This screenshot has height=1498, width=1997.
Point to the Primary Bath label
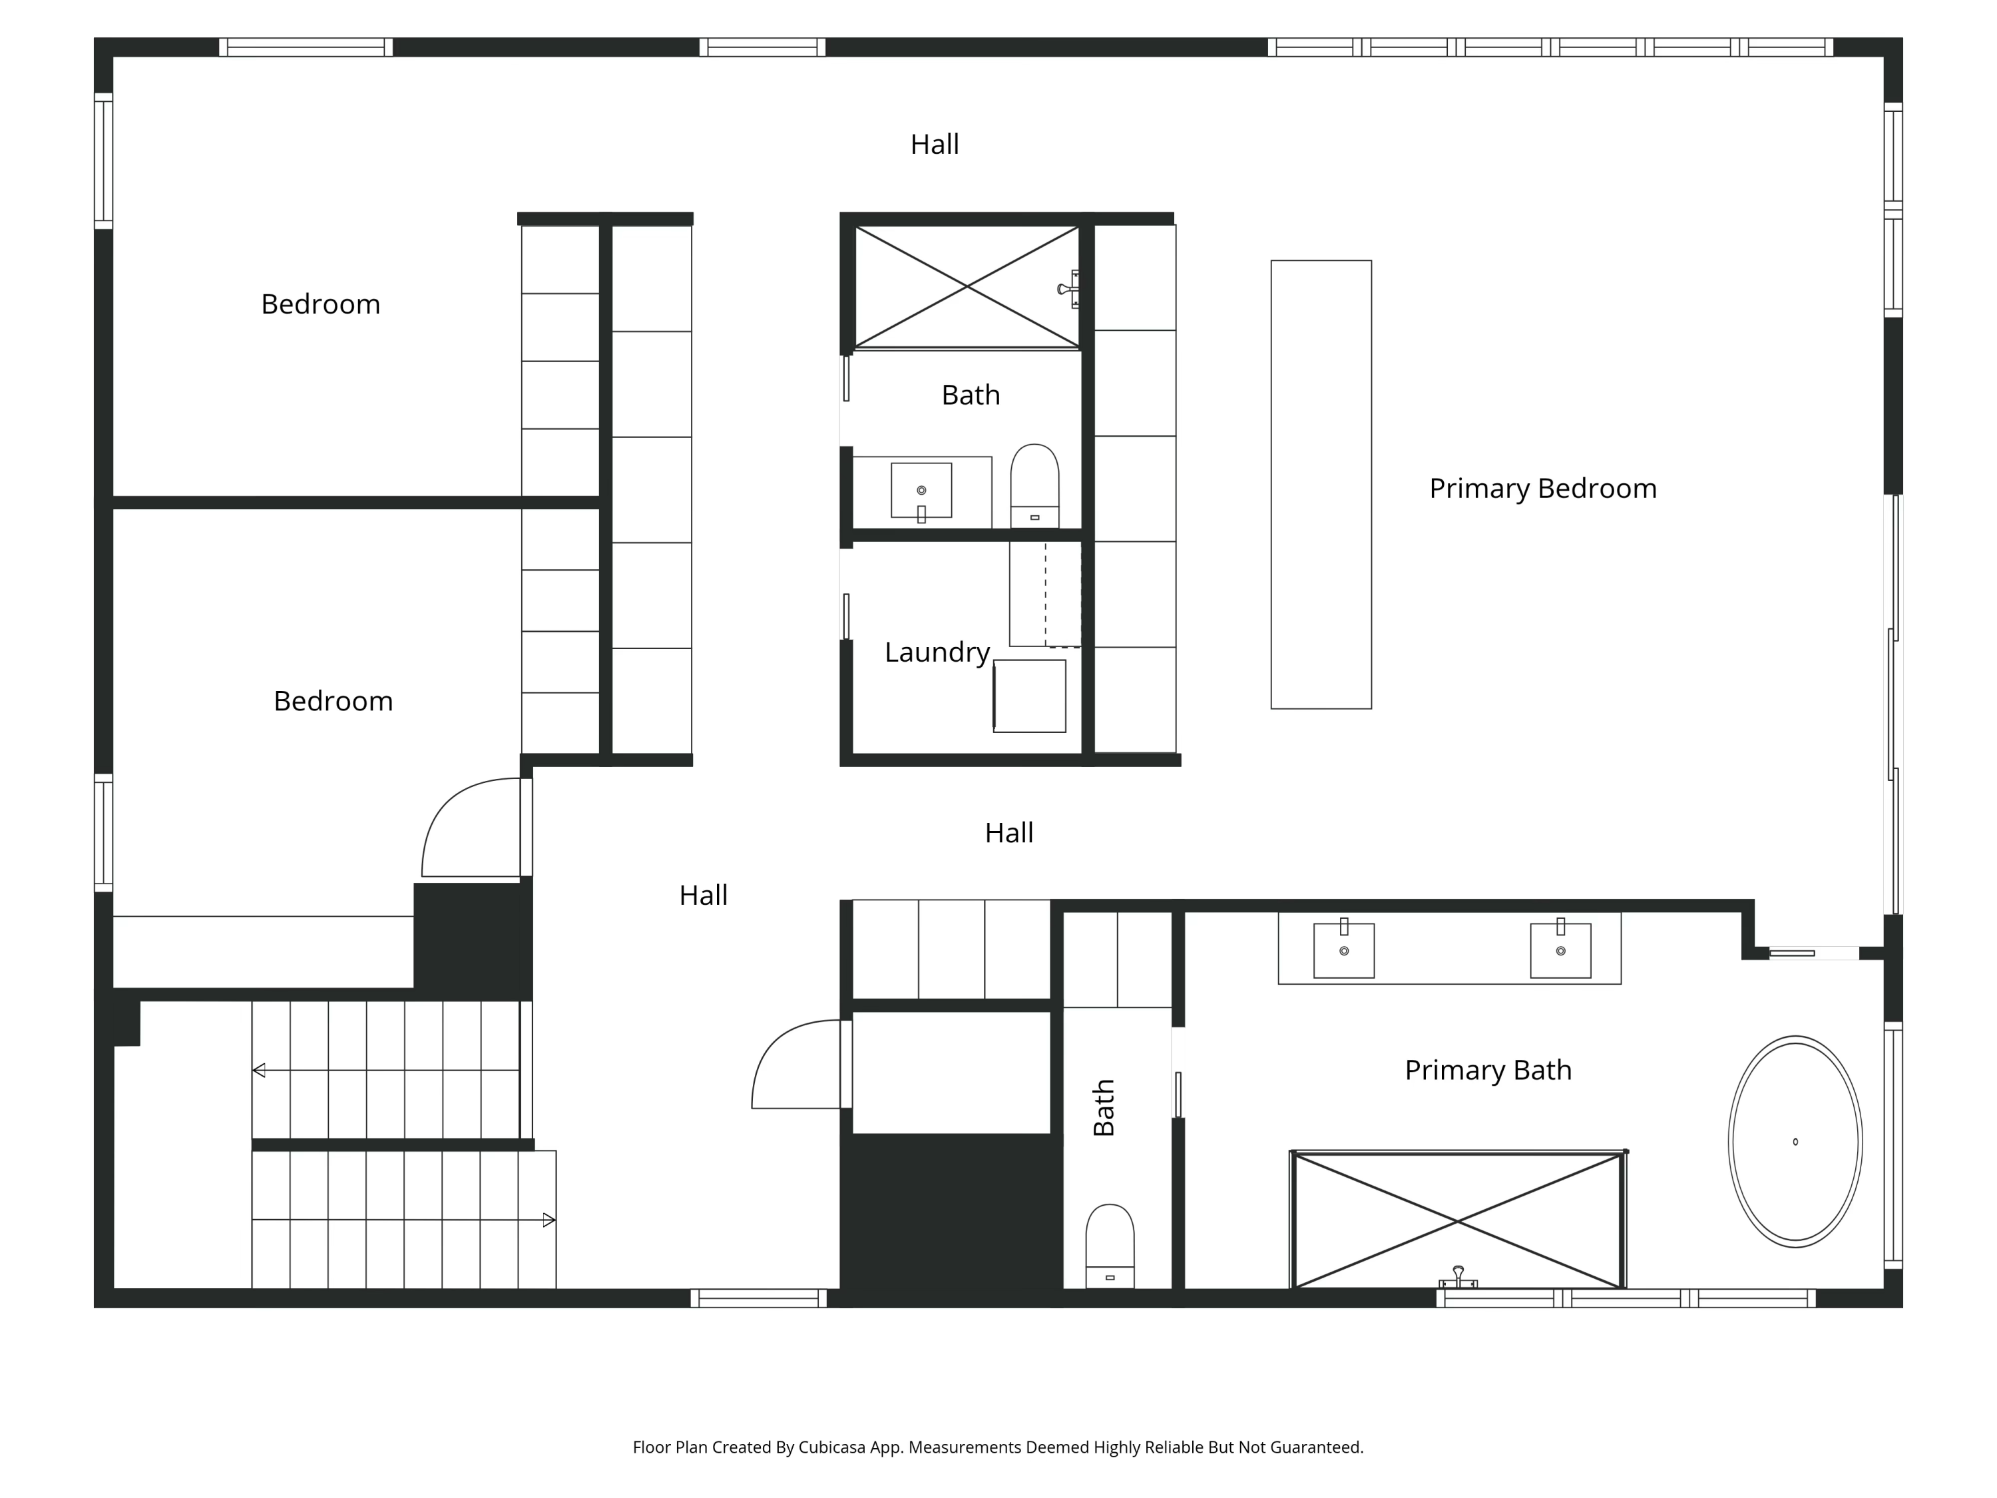click(1488, 1070)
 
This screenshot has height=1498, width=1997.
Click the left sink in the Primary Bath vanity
click(1343, 950)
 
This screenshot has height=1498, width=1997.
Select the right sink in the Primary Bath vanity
click(1560, 950)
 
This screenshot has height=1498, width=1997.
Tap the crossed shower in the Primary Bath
click(1458, 1221)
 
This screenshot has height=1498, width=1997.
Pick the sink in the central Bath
click(921, 490)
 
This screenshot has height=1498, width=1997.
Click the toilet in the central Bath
click(1034, 483)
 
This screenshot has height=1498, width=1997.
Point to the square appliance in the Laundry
click(1029, 696)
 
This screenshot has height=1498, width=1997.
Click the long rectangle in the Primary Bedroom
click(1321, 485)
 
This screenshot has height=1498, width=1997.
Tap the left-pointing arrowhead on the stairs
click(259, 1070)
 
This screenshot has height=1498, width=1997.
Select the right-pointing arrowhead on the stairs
click(548, 1220)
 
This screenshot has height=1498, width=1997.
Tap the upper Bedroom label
click(320, 304)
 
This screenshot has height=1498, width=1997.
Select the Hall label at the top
click(935, 144)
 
